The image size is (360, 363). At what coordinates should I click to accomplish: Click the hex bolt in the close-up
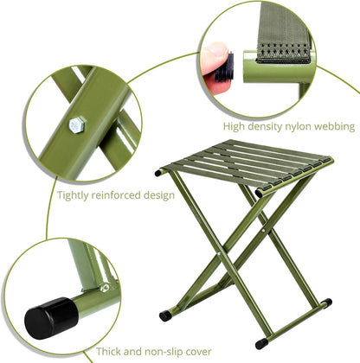75,126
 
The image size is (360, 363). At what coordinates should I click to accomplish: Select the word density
272,126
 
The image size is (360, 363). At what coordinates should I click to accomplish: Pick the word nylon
309,127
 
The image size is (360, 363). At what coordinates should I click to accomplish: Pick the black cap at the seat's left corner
159,173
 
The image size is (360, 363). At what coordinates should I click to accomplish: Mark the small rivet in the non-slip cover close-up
104,286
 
